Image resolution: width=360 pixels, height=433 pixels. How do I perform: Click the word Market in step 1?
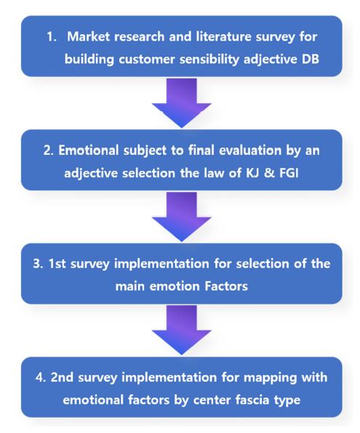click(x=88, y=36)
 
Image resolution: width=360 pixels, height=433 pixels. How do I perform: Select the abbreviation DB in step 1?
click(x=311, y=59)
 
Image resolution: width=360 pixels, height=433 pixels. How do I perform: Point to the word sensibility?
click(x=209, y=60)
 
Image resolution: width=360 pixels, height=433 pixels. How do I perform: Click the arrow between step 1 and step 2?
click(x=182, y=102)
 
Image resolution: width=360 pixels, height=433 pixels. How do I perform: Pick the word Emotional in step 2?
click(x=89, y=150)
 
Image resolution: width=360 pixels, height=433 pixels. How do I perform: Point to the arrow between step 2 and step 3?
click(x=182, y=216)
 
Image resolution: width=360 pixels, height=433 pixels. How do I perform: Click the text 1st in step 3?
click(x=57, y=264)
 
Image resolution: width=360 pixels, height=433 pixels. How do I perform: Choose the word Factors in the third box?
click(x=226, y=286)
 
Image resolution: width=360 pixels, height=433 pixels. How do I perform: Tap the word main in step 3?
click(x=129, y=286)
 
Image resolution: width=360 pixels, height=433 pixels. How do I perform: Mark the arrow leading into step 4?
click(x=182, y=330)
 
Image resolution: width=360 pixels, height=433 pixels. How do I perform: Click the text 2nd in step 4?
click(x=62, y=378)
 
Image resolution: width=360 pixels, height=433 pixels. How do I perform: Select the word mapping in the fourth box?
click(x=270, y=378)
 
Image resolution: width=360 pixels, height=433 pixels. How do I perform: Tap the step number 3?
click(x=38, y=264)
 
